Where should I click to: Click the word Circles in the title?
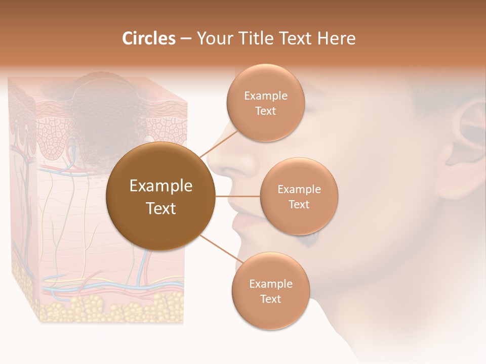click(149, 38)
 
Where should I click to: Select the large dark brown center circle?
click(161, 196)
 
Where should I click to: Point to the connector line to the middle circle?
click(237, 196)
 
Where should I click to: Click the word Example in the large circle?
click(161, 186)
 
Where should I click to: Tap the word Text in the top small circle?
click(265, 111)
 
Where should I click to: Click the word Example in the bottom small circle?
click(270, 284)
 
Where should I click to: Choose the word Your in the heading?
click(213, 38)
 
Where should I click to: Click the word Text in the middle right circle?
click(299, 205)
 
